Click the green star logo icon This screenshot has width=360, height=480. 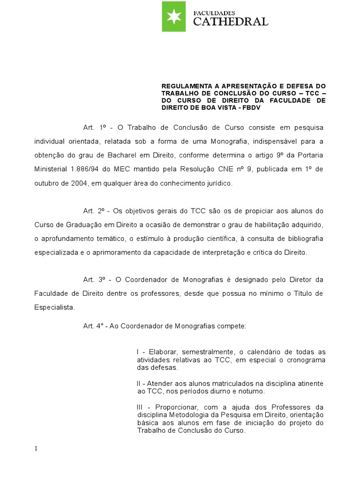click(x=174, y=16)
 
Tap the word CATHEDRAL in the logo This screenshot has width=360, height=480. click(x=231, y=22)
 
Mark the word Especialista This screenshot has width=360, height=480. click(x=54, y=307)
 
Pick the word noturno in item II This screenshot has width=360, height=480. click(x=251, y=391)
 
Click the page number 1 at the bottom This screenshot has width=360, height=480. click(x=36, y=449)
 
